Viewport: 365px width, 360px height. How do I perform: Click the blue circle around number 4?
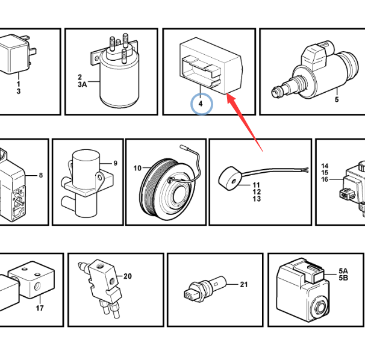(202, 93)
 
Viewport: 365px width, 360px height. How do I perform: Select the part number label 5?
(337, 99)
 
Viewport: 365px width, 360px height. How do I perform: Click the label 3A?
(82, 84)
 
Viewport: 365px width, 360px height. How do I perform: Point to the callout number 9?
(115, 163)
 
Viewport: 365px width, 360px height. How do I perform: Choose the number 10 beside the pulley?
(137, 168)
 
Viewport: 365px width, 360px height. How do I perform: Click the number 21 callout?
(243, 284)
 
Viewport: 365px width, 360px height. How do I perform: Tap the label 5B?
(343, 278)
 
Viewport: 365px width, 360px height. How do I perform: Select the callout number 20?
(127, 276)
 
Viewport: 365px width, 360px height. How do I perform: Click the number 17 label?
(40, 308)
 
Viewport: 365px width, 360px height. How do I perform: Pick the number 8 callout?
(41, 175)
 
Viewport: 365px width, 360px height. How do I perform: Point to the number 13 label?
(257, 199)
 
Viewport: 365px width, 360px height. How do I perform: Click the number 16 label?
(325, 179)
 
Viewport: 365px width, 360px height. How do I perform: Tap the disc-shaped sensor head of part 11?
(229, 179)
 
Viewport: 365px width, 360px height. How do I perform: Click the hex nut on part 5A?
(320, 308)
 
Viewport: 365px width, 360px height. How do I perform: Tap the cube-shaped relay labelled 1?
(14, 55)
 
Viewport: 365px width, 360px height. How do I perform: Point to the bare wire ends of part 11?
(305, 170)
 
